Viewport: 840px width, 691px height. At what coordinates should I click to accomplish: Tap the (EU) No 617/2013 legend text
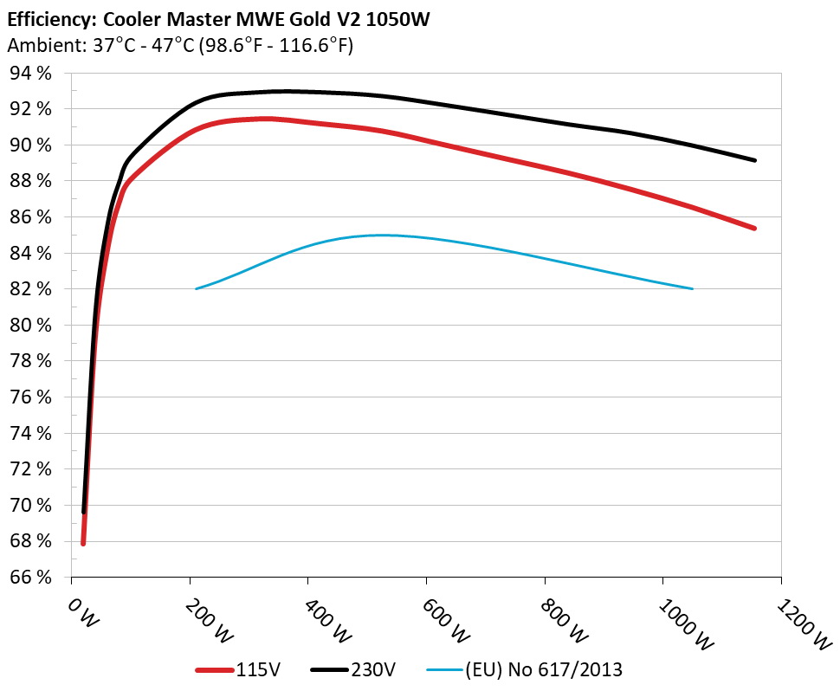click(544, 669)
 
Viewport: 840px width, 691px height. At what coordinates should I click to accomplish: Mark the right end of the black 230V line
click(755, 160)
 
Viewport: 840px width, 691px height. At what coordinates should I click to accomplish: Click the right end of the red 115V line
click(755, 229)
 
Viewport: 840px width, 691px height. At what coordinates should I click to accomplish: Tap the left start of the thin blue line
click(197, 288)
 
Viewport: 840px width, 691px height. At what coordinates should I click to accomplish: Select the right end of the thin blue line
click(693, 288)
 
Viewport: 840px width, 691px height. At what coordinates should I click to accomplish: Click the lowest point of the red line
click(83, 543)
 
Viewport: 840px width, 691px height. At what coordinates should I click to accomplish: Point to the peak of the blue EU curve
click(381, 235)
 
